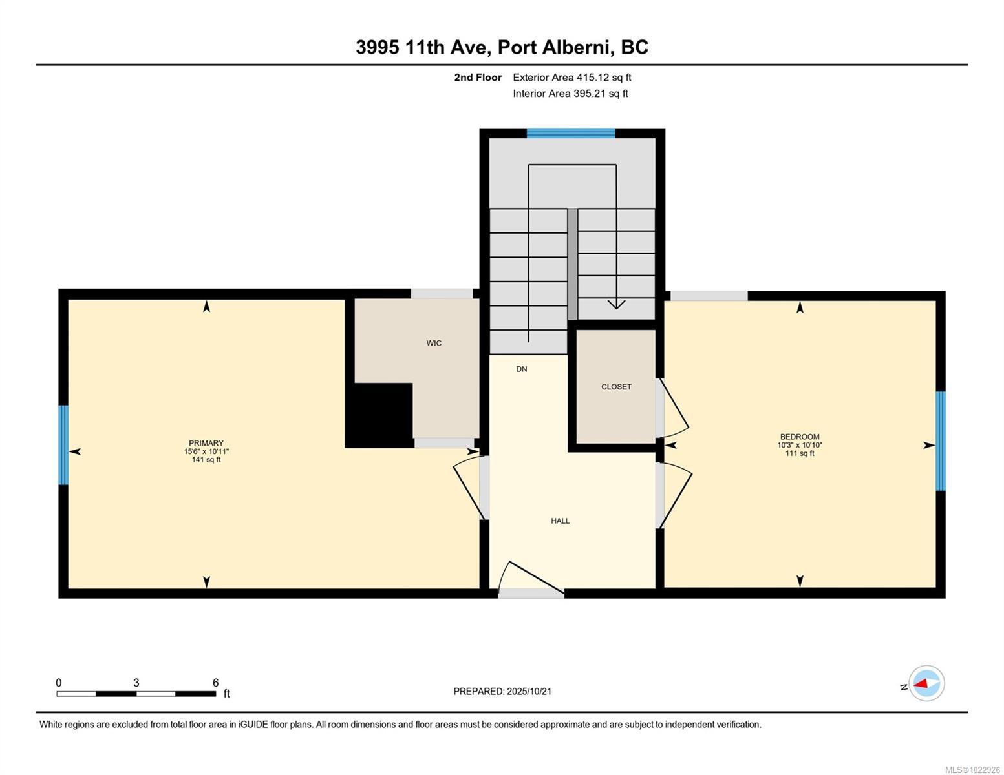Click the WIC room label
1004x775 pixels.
pos(434,343)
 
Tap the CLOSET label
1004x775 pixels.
pos(616,387)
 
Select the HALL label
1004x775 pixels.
pos(560,521)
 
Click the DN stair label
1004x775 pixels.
pos(522,369)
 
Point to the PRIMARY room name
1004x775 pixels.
pos(206,443)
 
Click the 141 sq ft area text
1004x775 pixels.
pos(206,460)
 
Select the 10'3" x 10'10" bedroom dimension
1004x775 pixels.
pos(800,445)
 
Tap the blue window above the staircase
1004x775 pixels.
pos(570,134)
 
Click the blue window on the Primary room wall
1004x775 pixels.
pos(63,445)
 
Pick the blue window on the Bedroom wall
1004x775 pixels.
pos(941,440)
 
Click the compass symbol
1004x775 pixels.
pos(926,683)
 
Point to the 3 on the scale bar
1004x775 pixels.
pos(136,683)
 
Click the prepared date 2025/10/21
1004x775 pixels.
pos(529,691)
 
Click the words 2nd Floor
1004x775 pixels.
pos(478,77)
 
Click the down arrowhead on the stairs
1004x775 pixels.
pos(616,304)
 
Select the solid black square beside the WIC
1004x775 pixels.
pos(379,415)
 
